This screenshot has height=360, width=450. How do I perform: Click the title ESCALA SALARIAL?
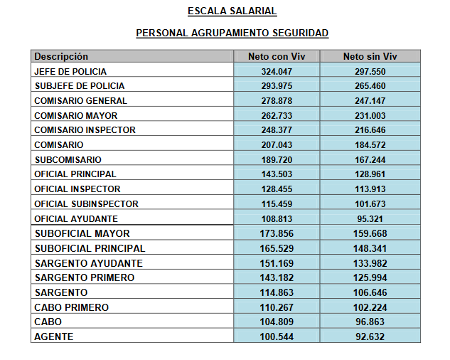pos(232,11)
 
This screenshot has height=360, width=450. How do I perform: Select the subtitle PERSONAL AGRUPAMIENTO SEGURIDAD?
pos(232,33)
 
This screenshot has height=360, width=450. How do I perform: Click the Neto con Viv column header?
pos(277,56)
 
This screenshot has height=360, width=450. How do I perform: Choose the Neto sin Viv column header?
pos(370,56)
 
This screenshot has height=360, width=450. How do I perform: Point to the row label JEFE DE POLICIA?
pos(70,71)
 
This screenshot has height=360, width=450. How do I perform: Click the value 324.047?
pos(277,71)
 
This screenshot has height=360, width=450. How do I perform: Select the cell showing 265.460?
pos(370,86)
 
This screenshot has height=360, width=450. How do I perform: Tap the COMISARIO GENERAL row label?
pos(81,101)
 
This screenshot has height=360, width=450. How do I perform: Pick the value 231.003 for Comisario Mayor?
pos(370,115)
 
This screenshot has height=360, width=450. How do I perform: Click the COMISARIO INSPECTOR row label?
pos(85,130)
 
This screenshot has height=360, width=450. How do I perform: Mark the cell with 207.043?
pos(277,145)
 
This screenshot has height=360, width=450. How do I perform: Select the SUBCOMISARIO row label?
pos(68,160)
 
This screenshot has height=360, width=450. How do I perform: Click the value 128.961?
pos(370,174)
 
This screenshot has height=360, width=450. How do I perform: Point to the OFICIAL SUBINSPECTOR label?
pos(86,204)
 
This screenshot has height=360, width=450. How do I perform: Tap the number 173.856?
pos(277,233)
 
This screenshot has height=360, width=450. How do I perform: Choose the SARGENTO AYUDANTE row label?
pos(84,263)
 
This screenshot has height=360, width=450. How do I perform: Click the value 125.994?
pos(370,277)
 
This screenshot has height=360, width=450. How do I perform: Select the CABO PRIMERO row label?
pos(72,307)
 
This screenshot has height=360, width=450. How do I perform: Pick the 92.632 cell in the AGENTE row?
pos(370,337)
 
